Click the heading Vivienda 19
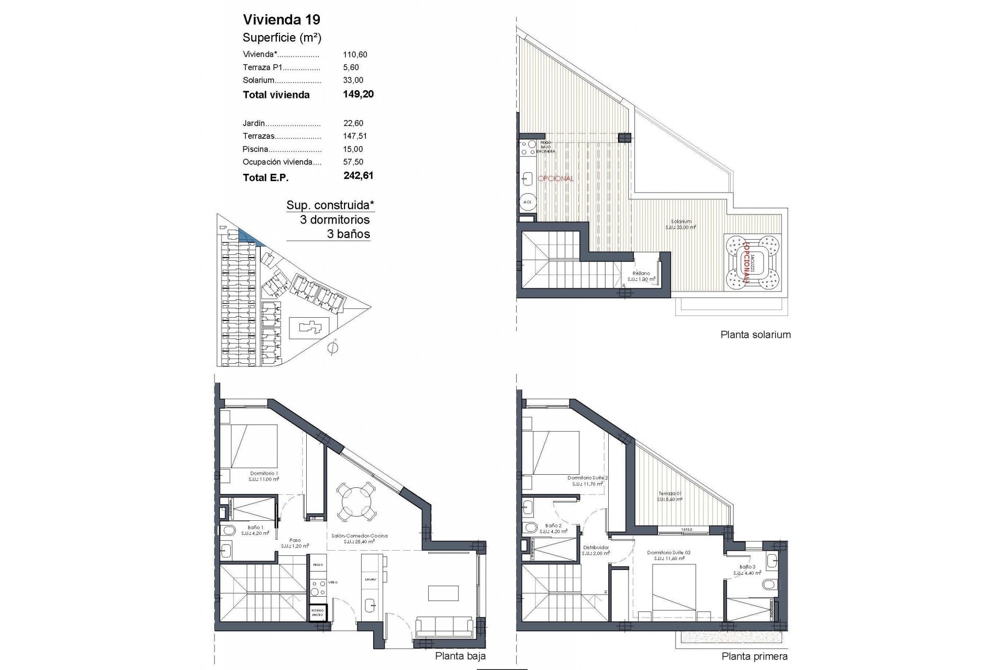[282, 20]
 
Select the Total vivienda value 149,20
[359, 94]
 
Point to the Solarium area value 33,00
[353, 80]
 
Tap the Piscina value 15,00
[353, 149]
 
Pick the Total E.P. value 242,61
[359, 176]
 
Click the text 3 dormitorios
[334, 220]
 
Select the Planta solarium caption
[755, 335]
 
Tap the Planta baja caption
[461, 656]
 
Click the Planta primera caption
[754, 656]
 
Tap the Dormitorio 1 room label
[264, 473]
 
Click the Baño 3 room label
[747, 567]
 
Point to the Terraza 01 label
[669, 494]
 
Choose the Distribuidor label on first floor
[596, 548]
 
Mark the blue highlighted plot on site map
[249, 237]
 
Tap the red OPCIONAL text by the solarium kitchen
[556, 178]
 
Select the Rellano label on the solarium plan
[641, 273]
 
